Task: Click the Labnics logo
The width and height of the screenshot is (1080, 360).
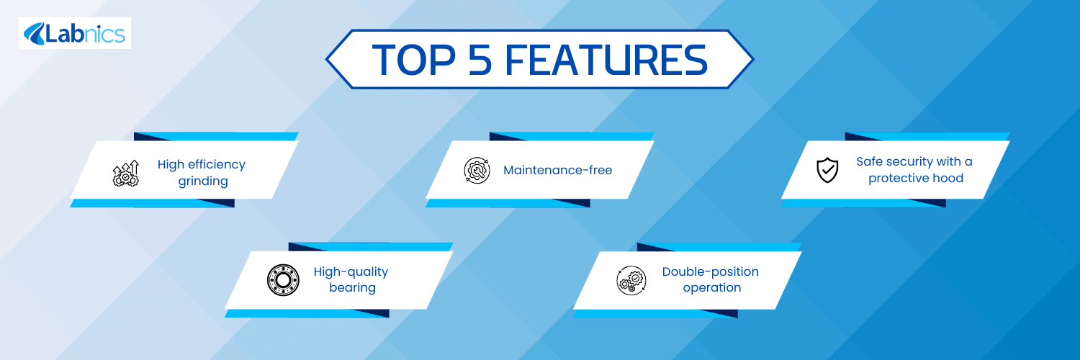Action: pyautogui.click(x=75, y=33)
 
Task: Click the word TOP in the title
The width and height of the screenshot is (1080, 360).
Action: pyautogui.click(x=414, y=60)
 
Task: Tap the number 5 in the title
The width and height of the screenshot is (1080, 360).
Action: pyautogui.click(x=480, y=60)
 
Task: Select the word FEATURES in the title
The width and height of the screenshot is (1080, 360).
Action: pyautogui.click(x=606, y=60)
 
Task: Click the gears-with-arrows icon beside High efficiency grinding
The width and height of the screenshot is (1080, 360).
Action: pyautogui.click(x=125, y=174)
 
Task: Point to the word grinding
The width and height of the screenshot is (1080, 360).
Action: pyautogui.click(x=203, y=181)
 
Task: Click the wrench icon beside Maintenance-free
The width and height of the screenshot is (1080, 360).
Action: pyautogui.click(x=477, y=170)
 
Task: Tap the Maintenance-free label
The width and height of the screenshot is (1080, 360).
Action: pyautogui.click(x=558, y=170)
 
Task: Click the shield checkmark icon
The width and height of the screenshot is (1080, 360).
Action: pyautogui.click(x=827, y=170)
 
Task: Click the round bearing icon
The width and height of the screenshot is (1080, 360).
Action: pyautogui.click(x=283, y=280)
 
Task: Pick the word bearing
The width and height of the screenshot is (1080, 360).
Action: pyautogui.click(x=353, y=288)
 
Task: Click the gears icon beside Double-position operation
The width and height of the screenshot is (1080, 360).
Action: pyautogui.click(x=631, y=280)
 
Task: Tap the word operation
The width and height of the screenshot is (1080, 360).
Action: pyautogui.click(x=712, y=288)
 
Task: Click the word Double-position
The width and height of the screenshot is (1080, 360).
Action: pyautogui.click(x=710, y=272)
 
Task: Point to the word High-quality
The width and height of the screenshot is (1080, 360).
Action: pyautogui.click(x=351, y=272)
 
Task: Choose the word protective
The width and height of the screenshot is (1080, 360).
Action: pyautogui.click(x=898, y=179)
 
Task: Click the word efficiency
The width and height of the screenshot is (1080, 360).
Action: pyautogui.click(x=217, y=165)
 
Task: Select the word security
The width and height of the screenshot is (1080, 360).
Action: pyautogui.click(x=909, y=162)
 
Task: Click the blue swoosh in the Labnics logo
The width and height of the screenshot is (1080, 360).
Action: pyautogui.click(x=35, y=34)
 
